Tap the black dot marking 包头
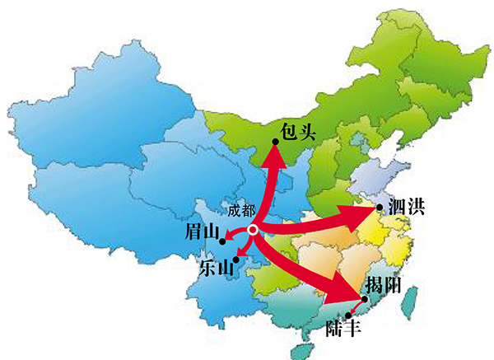(x=275, y=142)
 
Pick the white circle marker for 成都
(x=254, y=230)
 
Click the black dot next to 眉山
(x=222, y=241)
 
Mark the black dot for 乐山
(x=235, y=260)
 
